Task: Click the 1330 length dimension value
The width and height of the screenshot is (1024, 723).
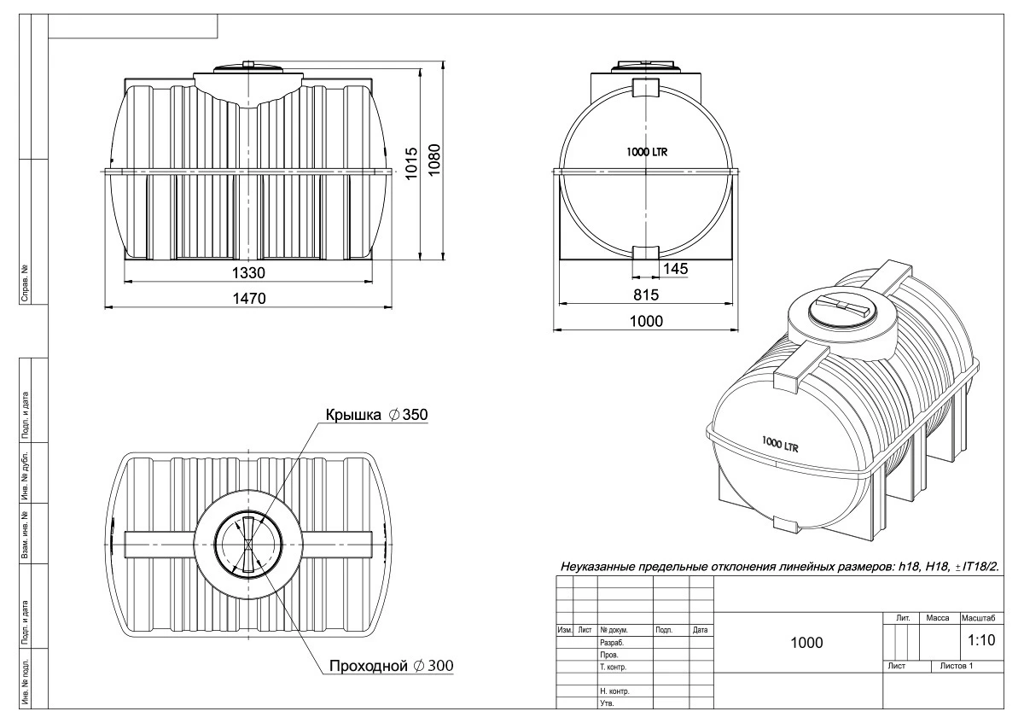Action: tap(248, 273)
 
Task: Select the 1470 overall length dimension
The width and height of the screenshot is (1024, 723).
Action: tap(249, 299)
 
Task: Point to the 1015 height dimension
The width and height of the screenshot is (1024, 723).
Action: tap(411, 163)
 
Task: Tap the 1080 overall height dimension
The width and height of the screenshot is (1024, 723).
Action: tap(433, 160)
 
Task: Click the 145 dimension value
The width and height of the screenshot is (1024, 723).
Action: tap(675, 268)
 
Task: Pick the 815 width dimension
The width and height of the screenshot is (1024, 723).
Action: tap(646, 295)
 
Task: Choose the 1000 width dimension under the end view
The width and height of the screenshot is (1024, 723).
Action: tap(646, 322)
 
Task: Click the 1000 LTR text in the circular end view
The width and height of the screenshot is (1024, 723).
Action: tap(647, 152)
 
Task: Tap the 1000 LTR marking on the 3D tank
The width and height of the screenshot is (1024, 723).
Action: tap(780, 444)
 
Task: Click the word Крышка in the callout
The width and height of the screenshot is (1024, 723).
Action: tap(353, 415)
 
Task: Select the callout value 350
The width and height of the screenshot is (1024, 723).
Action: tap(415, 415)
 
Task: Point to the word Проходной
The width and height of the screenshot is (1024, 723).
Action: tap(368, 666)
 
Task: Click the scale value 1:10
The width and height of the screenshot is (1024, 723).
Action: tap(981, 640)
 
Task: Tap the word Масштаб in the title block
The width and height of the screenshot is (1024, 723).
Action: tap(978, 618)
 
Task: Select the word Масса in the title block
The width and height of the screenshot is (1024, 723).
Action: tap(937, 618)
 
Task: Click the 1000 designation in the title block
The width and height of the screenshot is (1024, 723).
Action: tap(806, 643)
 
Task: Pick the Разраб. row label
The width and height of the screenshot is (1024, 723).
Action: tap(612, 643)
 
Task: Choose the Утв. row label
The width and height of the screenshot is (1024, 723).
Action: tap(607, 703)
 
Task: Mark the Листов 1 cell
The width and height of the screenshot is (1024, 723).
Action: tap(957, 666)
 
